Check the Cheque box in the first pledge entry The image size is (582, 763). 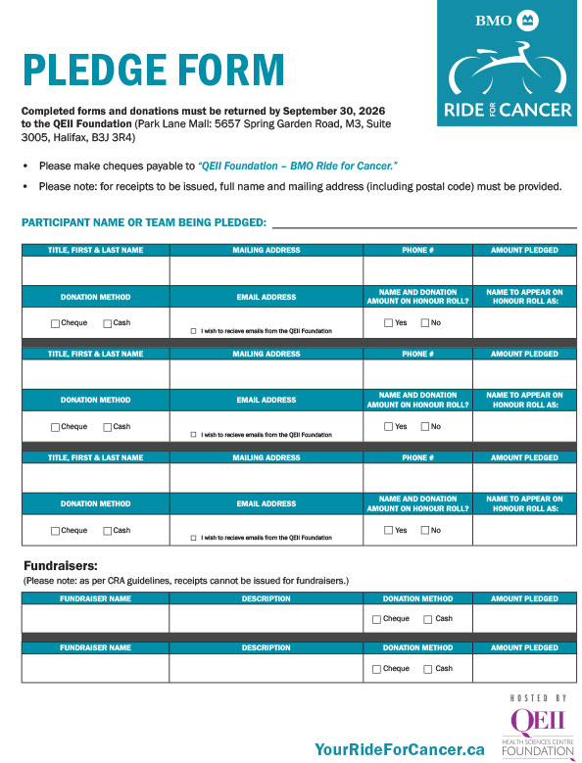(x=55, y=323)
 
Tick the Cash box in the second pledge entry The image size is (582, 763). (x=108, y=427)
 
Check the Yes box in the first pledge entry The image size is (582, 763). (x=389, y=323)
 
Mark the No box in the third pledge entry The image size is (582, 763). (x=425, y=531)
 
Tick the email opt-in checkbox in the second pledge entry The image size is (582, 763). (x=194, y=435)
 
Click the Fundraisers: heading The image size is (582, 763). (x=61, y=566)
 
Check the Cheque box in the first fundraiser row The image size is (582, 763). (x=377, y=620)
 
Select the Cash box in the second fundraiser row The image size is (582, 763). (x=428, y=669)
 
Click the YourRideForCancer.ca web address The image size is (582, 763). (x=399, y=749)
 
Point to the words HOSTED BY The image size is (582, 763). (x=538, y=697)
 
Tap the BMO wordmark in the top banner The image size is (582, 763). (x=493, y=21)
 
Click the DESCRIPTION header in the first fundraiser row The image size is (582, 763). (x=266, y=598)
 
